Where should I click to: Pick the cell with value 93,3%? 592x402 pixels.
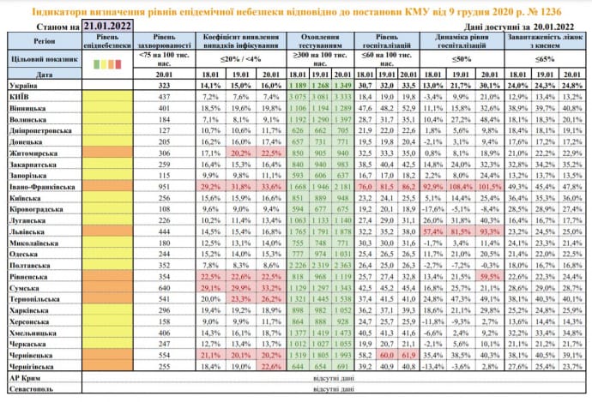tap(515, 255)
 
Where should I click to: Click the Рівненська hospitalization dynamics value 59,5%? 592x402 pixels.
tap(515, 279)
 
